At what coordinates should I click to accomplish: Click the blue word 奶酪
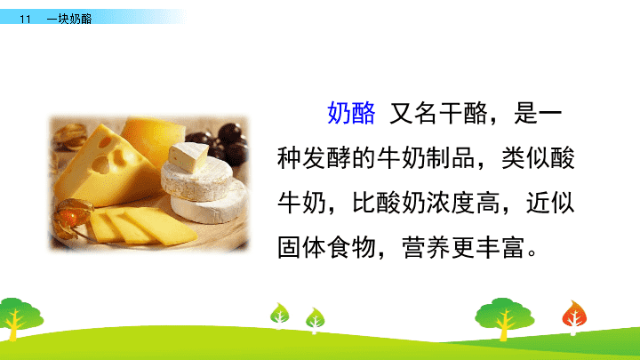pos(351,113)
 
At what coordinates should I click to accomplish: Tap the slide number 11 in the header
pos(25,19)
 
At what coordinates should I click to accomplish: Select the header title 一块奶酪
pos(69,19)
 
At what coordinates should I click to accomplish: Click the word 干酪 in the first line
pos(463,113)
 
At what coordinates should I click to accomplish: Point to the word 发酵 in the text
pos(326,158)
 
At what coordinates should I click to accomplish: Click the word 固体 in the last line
pos(301,247)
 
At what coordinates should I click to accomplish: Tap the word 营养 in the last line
pos(426,247)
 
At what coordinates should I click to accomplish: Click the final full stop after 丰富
pos(532,252)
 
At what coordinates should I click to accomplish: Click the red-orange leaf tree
pos(574,317)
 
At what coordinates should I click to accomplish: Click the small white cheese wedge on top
pos(188,156)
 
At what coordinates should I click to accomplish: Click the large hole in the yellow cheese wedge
pos(100,164)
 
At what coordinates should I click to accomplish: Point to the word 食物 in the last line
pos(351,247)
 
